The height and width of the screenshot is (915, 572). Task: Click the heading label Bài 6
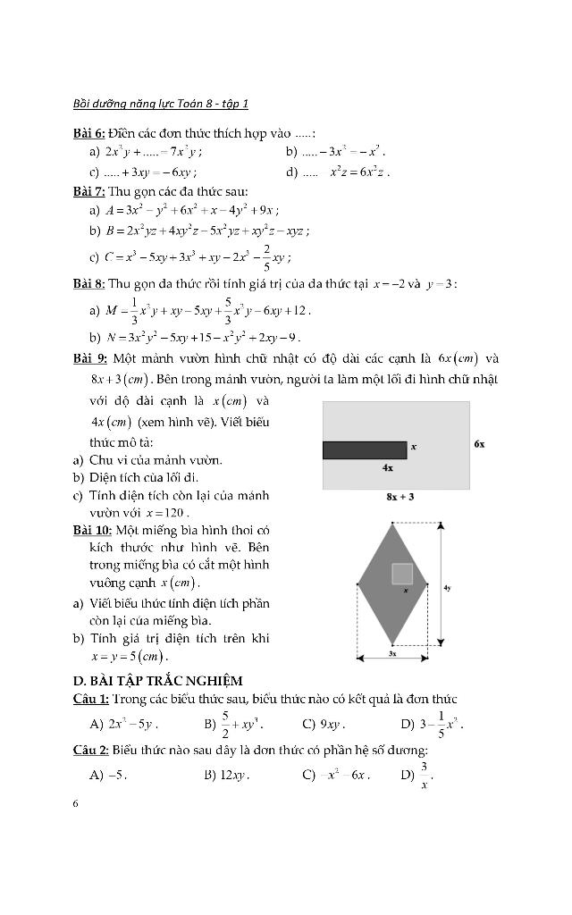[89, 133]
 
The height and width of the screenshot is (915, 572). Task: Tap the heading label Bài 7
[89, 190]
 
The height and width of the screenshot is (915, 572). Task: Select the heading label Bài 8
[89, 284]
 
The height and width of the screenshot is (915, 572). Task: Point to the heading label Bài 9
[89, 358]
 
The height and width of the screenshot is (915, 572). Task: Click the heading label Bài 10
[92, 530]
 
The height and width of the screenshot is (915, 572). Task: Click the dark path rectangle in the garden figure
[365, 450]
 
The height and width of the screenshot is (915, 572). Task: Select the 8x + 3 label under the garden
[400, 497]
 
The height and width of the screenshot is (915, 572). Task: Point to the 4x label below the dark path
[388, 467]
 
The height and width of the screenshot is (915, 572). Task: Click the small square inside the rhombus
[402, 574]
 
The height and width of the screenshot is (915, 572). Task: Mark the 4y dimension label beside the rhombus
[447, 588]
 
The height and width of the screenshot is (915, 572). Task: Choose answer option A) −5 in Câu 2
[108, 775]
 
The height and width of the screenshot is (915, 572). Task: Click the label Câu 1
[91, 698]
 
